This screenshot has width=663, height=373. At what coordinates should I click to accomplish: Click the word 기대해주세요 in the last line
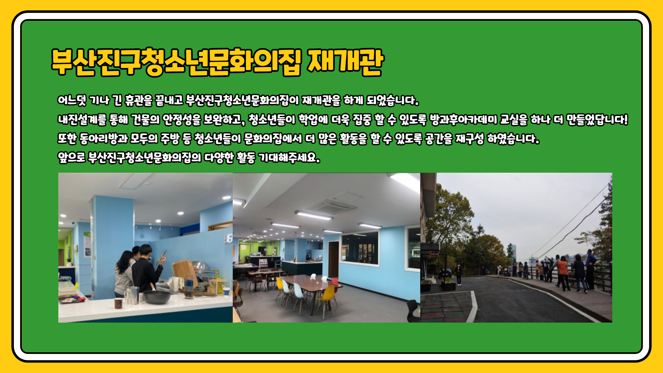point(289,158)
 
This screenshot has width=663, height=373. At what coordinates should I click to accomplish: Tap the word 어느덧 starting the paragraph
point(72,101)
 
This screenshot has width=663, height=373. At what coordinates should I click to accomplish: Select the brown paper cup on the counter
point(118,303)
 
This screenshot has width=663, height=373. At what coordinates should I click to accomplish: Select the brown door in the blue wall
point(334,259)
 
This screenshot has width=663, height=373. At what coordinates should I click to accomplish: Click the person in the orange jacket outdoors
point(563,273)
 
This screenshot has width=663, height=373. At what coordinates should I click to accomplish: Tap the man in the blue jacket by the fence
point(590,269)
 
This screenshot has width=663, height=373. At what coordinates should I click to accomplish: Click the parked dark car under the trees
point(445,273)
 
